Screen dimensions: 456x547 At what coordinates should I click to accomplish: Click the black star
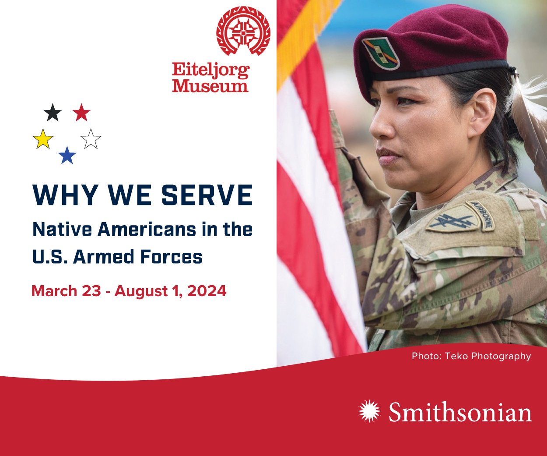point(53,113)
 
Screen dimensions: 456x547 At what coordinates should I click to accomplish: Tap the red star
point(81,113)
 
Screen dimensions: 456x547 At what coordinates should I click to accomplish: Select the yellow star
point(43,139)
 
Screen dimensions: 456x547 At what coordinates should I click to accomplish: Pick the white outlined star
point(91,139)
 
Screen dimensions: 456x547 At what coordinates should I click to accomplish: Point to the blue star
point(67,156)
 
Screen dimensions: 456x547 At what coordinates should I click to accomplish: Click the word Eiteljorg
point(210,71)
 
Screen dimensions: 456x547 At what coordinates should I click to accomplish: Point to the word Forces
point(171,257)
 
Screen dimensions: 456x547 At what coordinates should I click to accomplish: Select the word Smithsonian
point(460,413)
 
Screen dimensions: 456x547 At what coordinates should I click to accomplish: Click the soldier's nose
point(378,127)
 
